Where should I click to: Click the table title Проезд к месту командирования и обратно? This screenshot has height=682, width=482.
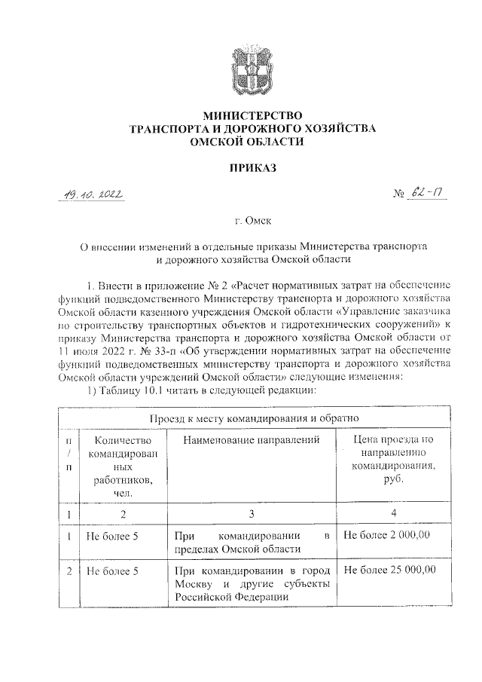(x=252, y=417)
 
